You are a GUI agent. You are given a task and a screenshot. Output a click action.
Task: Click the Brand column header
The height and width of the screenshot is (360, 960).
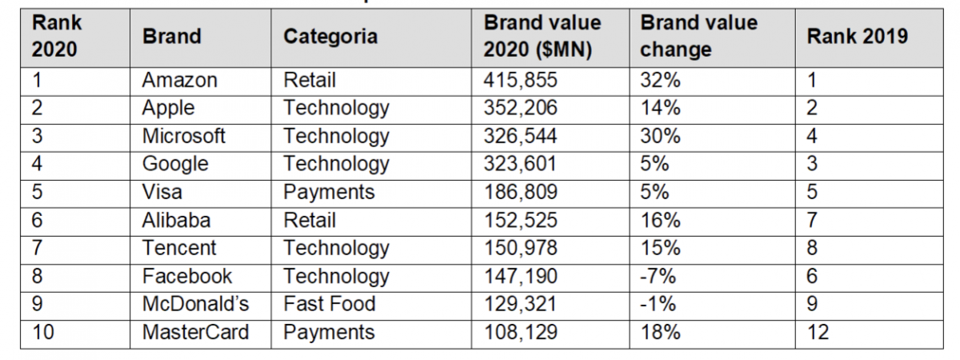click(x=171, y=36)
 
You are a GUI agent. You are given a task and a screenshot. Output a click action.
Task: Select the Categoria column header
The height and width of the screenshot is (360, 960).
click(x=330, y=36)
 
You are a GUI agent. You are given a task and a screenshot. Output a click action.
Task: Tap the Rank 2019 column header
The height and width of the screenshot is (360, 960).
click(x=857, y=36)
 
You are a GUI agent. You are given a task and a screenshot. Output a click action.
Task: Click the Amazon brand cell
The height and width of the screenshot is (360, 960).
click(x=179, y=80)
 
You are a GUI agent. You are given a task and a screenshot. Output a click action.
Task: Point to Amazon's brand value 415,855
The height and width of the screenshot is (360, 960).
click(x=520, y=80)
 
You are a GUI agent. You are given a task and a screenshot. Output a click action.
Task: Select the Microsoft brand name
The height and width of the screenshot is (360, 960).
click(x=184, y=136)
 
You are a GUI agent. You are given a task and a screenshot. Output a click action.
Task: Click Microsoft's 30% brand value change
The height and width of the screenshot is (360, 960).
click(x=660, y=136)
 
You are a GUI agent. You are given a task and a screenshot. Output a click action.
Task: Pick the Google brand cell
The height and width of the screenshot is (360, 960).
click(x=175, y=164)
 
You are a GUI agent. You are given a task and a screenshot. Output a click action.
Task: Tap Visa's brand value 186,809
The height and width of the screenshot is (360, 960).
click(x=520, y=192)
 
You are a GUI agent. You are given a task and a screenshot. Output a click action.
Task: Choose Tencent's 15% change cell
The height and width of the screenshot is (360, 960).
click(x=660, y=248)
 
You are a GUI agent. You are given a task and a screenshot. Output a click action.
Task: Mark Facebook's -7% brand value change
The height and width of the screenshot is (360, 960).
click(x=658, y=276)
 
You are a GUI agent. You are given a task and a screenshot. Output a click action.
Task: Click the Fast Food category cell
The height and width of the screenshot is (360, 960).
click(x=329, y=304)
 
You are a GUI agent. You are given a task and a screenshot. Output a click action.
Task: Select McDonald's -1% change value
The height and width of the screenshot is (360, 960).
click(x=658, y=304)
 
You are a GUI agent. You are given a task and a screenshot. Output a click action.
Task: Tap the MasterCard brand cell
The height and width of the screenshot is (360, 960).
click(x=196, y=332)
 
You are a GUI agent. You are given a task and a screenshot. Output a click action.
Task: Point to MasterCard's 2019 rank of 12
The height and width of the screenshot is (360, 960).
click(x=818, y=332)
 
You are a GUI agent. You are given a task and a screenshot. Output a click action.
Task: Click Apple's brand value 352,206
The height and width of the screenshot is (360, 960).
click(x=520, y=108)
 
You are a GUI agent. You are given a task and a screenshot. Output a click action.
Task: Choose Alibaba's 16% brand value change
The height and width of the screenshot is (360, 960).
click(x=660, y=220)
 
